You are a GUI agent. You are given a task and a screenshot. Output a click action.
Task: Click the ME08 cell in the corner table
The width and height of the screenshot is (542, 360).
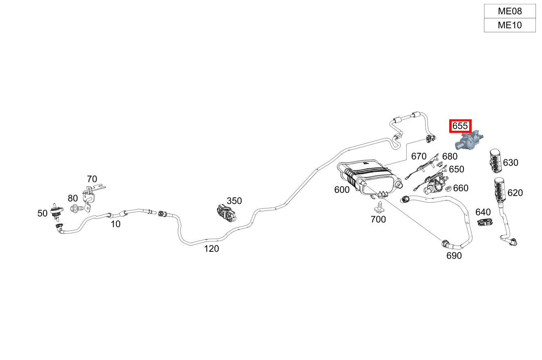tap(510, 11)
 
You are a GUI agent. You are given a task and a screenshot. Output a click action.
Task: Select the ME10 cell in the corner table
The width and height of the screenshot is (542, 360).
tap(510, 25)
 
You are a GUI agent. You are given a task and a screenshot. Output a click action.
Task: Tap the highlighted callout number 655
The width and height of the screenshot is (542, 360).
tap(460, 126)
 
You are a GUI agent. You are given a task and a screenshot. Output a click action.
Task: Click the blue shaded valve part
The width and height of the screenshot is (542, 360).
tap(469, 141)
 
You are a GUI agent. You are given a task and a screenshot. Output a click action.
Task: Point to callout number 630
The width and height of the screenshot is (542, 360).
tap(511, 163)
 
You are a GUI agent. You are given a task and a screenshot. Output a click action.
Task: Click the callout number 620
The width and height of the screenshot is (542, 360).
tap(515, 193)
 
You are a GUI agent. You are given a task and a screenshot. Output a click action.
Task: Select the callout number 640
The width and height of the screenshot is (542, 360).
tap(483, 212)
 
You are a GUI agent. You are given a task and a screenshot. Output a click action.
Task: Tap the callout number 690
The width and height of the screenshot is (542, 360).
tap(454, 256)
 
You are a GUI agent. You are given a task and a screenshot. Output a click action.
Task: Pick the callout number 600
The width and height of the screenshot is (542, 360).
tap(342, 190)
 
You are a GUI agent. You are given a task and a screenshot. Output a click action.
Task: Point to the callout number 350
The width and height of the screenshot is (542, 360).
tap(234, 201)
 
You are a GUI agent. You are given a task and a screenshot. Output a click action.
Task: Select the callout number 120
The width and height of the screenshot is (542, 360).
tap(211, 248)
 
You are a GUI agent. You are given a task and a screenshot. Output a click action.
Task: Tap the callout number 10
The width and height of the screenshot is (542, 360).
tap(116, 224)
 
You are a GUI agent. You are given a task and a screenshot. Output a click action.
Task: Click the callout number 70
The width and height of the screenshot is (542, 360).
tap(92, 179)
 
